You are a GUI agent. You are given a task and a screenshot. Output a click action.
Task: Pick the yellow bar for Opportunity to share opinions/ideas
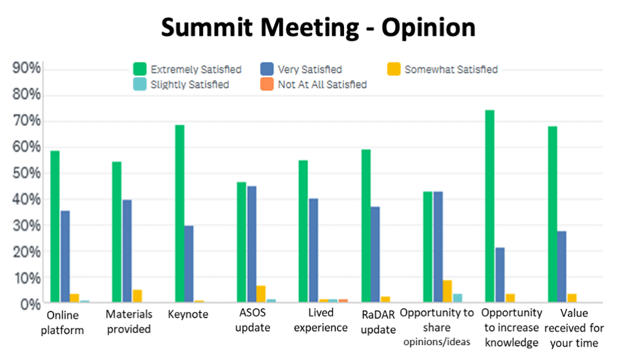coord(447,292)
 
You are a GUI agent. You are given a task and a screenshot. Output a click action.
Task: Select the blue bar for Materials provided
coord(127,252)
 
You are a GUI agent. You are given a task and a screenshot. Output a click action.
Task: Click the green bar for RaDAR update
coord(365,226)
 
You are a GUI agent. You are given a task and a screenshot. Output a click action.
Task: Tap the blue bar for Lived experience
coord(313,251)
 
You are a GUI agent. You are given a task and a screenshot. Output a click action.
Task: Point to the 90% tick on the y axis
coord(27,68)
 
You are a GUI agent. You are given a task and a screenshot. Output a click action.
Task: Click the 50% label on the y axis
coord(27,173)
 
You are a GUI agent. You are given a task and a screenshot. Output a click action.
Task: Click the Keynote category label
coord(188,314)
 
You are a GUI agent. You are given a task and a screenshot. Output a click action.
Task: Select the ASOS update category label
coord(252,320)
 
